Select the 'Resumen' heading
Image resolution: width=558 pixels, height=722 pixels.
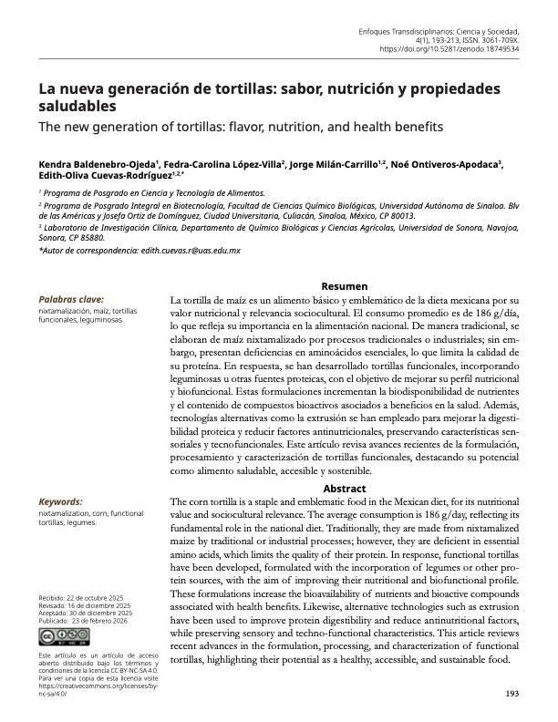click(x=345, y=285)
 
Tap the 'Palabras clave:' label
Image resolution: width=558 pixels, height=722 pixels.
click(x=71, y=299)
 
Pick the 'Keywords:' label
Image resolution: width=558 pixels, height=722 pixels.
click(x=60, y=502)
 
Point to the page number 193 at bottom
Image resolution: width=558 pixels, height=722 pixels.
click(x=511, y=695)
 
